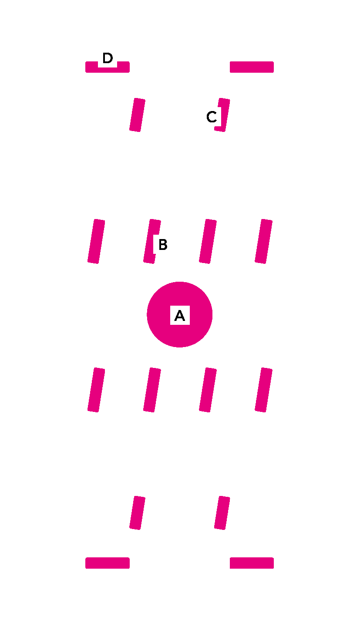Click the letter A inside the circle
(179, 315)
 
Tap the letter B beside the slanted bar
(162, 245)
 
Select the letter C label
(211, 117)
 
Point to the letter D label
(107, 58)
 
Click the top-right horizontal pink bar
(252, 67)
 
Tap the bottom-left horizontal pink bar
(107, 563)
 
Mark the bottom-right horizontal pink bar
(252, 563)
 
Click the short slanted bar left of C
(137, 115)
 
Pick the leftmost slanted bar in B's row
(96, 241)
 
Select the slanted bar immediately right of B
(208, 241)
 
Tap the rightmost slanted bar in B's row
(263, 241)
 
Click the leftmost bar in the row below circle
(96, 390)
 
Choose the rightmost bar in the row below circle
(263, 390)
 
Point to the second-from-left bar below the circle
(152, 390)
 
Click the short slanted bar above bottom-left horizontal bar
(137, 512)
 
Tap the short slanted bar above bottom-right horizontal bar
(222, 512)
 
